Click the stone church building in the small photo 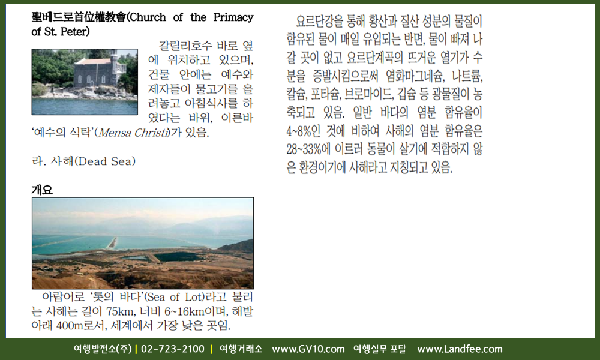pyautogui.click(x=99, y=71)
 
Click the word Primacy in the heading pyautogui.click(x=233, y=17)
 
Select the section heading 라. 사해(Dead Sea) pyautogui.click(x=84, y=161)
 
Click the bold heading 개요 pyautogui.click(x=42, y=190)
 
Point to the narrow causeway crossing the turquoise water pyautogui.click(x=112, y=242)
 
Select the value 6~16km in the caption pyautogui.click(x=184, y=311)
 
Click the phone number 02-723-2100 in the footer pyautogui.click(x=173, y=349)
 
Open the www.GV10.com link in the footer pyautogui.click(x=308, y=349)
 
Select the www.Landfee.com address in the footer pyautogui.click(x=460, y=349)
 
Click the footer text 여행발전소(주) pyautogui.click(x=103, y=349)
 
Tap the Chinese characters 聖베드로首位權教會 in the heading pyautogui.click(x=79, y=17)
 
